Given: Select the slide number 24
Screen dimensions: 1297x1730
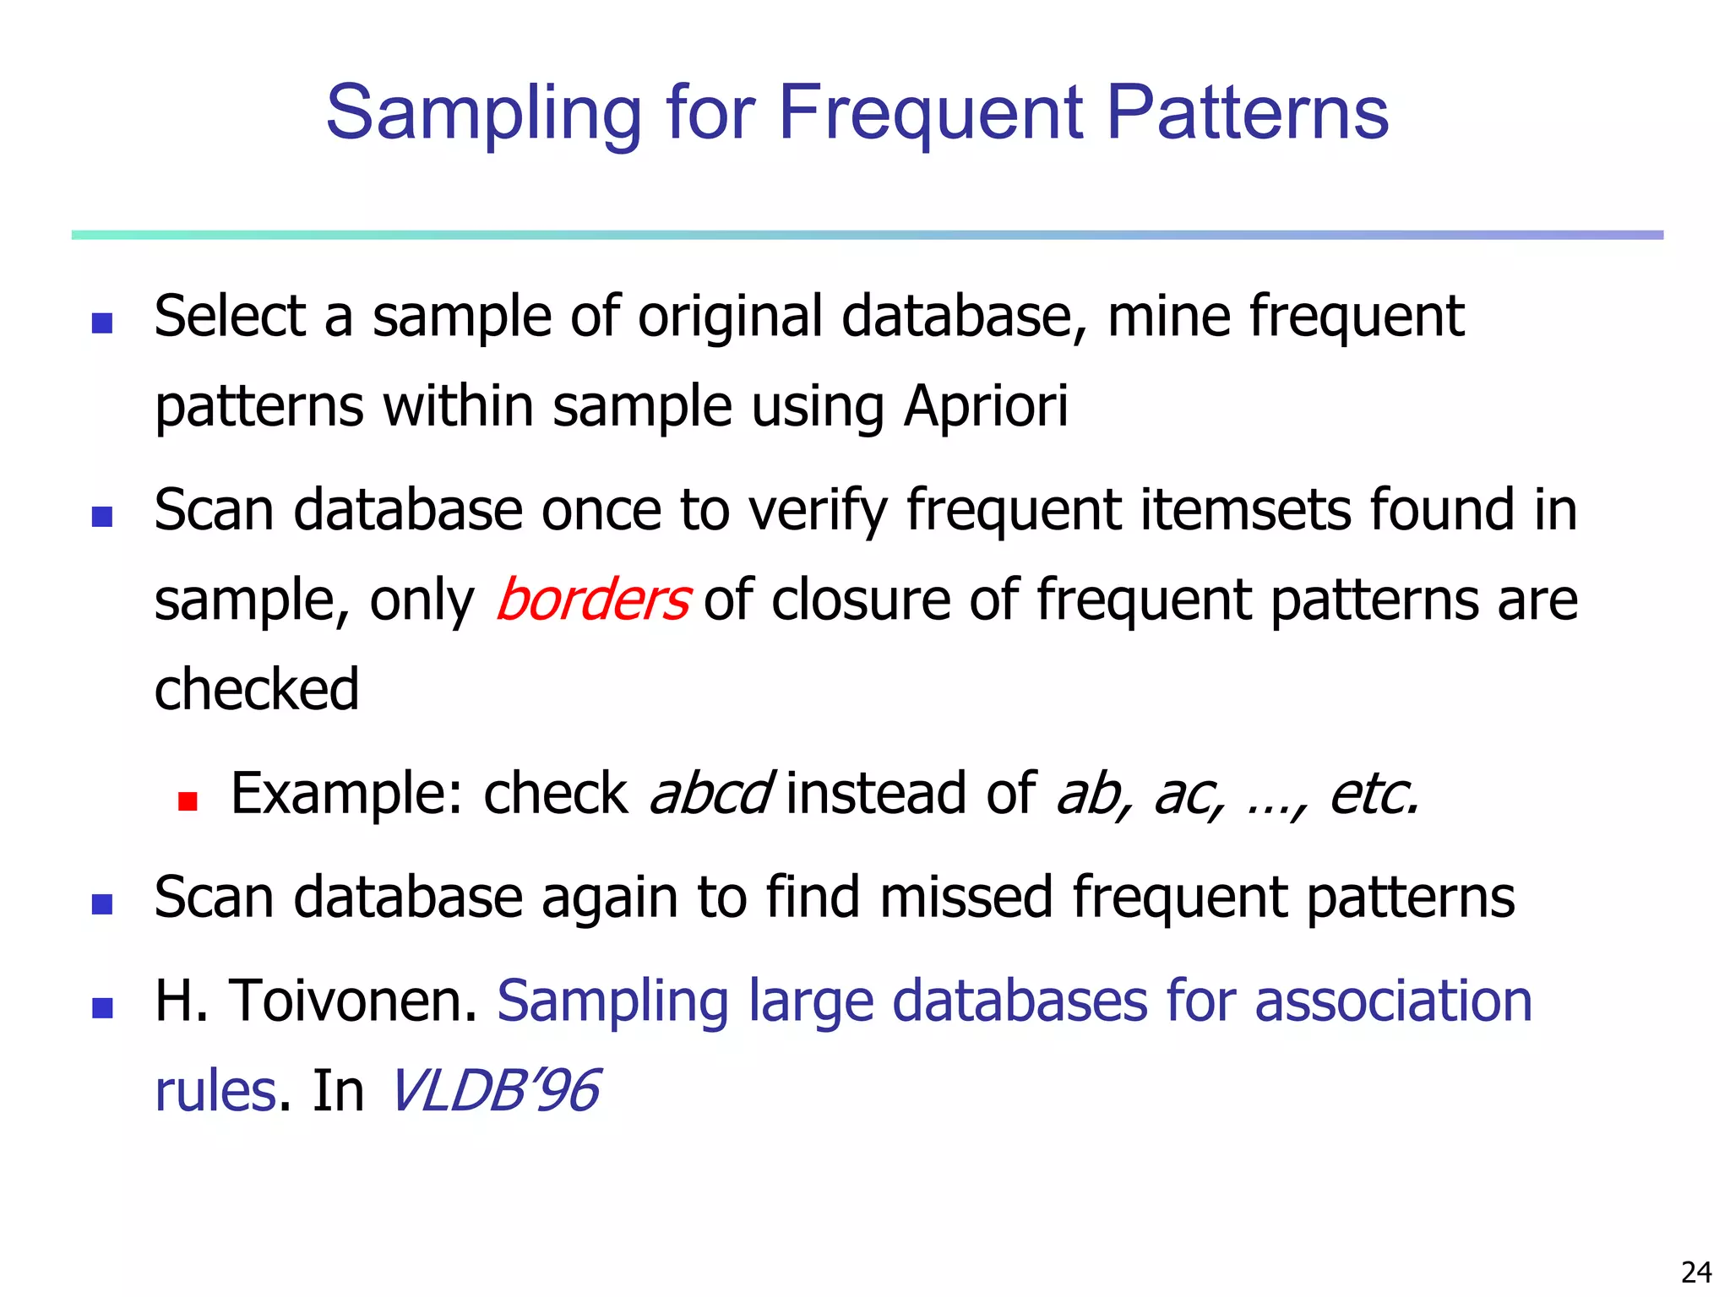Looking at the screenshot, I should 1696,1272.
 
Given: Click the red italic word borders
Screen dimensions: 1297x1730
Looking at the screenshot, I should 593,600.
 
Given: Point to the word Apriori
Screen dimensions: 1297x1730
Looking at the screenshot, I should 986,406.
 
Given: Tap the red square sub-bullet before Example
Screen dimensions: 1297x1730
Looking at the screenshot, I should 188,800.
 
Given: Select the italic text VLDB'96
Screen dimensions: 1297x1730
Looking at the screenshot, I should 495,1090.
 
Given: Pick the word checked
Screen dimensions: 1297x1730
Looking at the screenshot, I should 257,689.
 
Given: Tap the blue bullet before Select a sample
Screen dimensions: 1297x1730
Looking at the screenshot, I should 102,323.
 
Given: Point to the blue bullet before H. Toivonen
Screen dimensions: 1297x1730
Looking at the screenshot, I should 102,1007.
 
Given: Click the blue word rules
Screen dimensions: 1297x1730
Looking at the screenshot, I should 215,1090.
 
